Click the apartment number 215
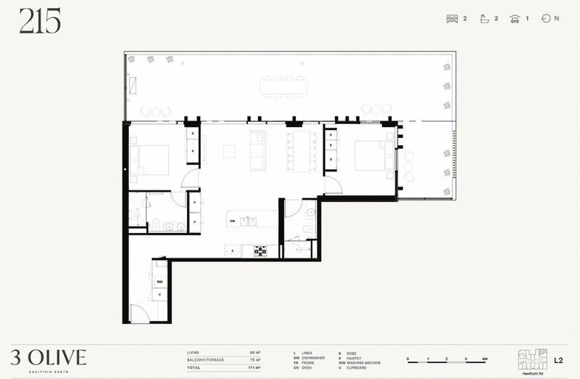(40, 23)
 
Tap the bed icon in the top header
(452, 19)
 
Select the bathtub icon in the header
(485, 19)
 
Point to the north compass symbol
(546, 19)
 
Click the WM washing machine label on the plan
(159, 282)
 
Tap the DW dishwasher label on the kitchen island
(233, 221)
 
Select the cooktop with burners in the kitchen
(260, 251)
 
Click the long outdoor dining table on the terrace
(283, 86)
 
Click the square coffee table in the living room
(229, 152)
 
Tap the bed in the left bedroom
(149, 160)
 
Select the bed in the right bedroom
(374, 155)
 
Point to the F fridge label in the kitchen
(232, 251)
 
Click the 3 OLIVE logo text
(49, 356)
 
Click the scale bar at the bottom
(446, 359)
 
